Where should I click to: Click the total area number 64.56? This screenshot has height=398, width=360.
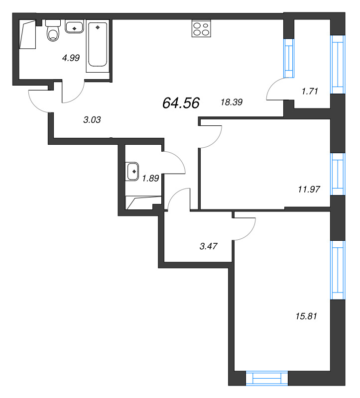[181, 103]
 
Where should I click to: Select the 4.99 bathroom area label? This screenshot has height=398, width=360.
[71, 58]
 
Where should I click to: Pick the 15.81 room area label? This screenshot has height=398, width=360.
[306, 315]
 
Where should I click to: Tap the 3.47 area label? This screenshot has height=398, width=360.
[209, 245]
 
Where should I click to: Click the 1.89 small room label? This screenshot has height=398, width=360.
[150, 179]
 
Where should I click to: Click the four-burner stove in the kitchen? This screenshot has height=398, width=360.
[201, 28]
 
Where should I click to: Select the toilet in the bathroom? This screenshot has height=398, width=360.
[52, 31]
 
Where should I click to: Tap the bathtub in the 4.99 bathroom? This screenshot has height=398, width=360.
[98, 45]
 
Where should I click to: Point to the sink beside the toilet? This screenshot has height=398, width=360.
[75, 28]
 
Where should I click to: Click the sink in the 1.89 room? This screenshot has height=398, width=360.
[133, 172]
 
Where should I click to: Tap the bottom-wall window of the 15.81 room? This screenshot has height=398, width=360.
[267, 379]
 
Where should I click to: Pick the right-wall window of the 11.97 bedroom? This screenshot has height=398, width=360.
[338, 174]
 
